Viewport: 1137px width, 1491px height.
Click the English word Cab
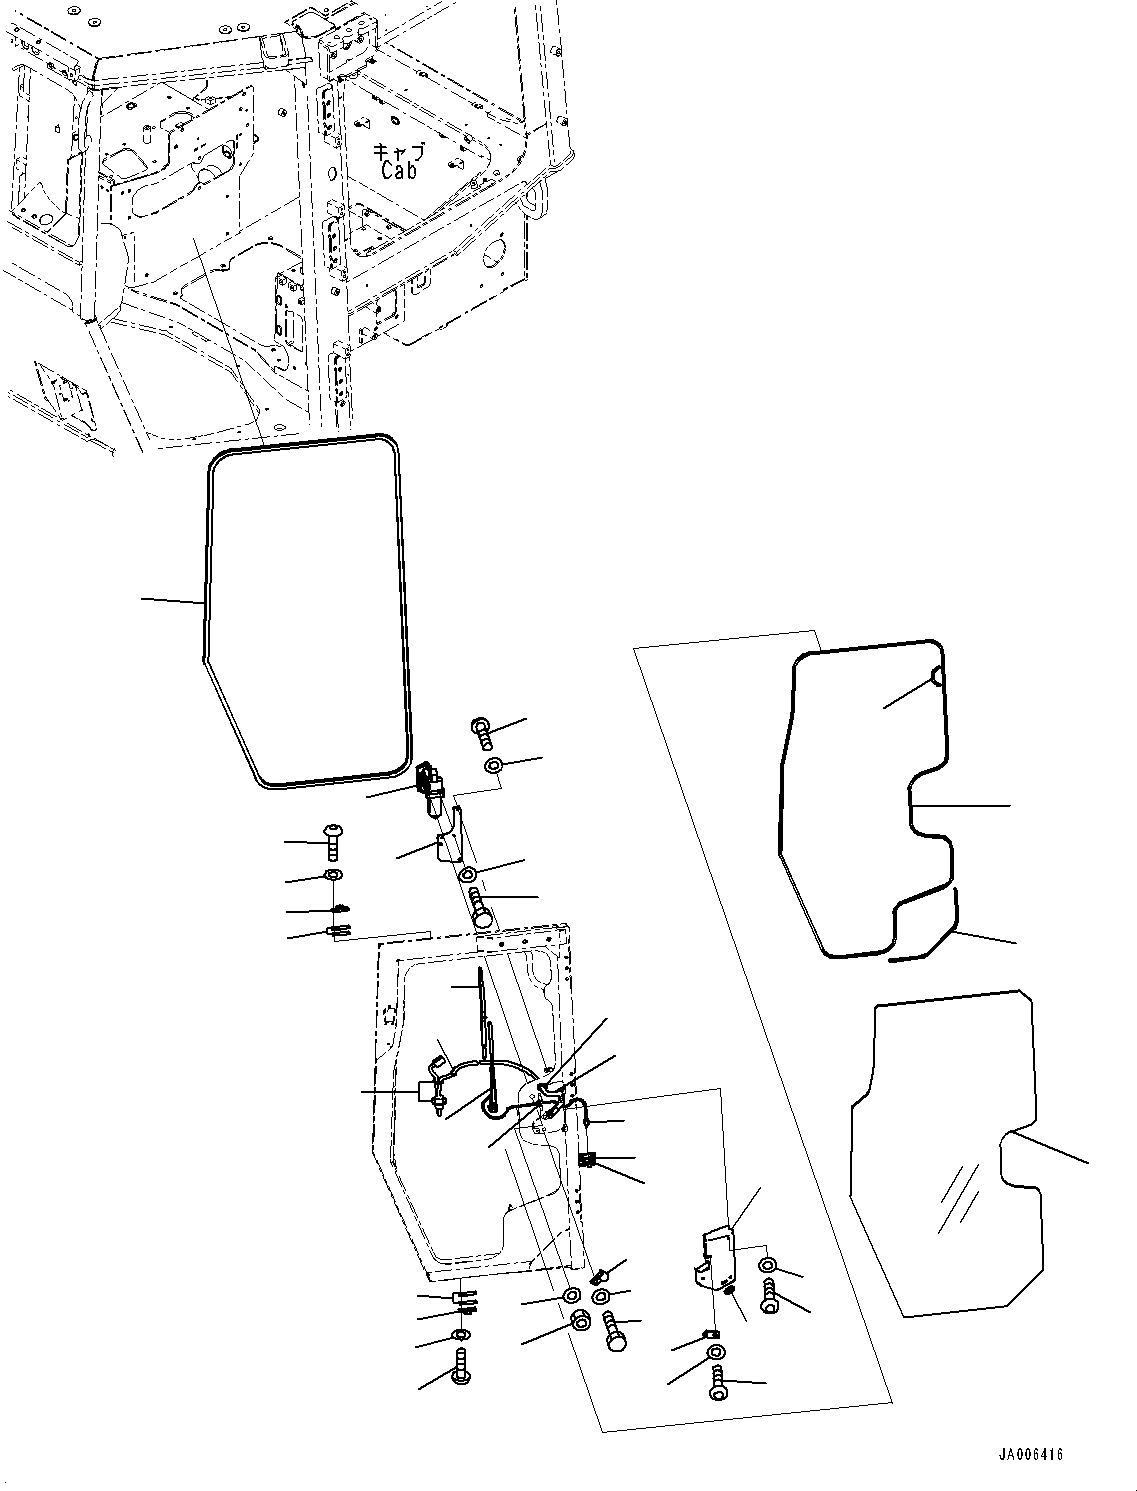(398, 170)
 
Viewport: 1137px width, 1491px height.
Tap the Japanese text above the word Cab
(399, 151)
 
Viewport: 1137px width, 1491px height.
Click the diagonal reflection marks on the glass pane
(958, 1198)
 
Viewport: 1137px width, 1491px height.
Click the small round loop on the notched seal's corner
(937, 676)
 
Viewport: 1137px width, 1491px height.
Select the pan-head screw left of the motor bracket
(333, 842)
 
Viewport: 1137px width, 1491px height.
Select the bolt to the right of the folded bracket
(770, 1297)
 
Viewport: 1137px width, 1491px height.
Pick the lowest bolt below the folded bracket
(717, 1385)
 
